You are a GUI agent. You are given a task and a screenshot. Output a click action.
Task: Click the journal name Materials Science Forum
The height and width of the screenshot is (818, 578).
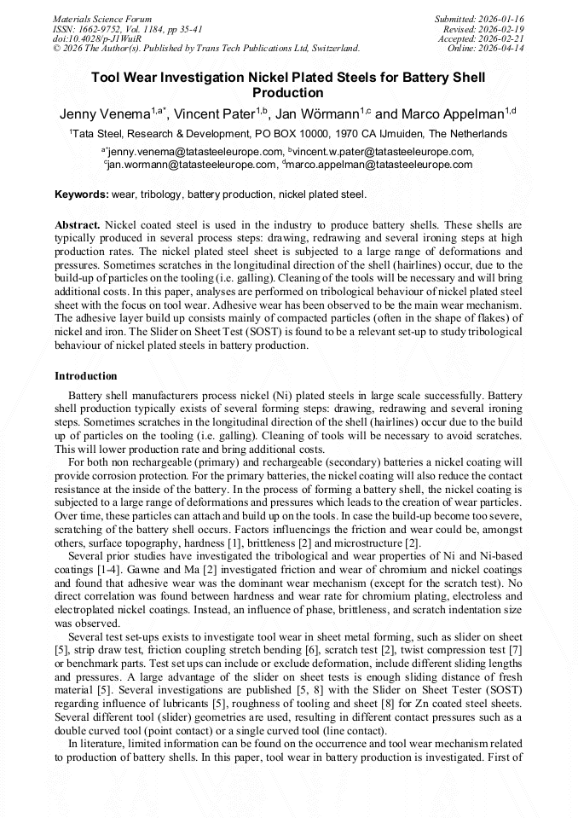coord(102,19)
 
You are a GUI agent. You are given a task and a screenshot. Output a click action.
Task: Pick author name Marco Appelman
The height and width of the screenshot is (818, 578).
coord(452,114)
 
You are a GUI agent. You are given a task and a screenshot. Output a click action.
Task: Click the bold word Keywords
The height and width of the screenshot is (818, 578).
coord(82,194)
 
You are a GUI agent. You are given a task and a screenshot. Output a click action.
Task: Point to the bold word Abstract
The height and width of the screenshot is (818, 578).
coord(78,225)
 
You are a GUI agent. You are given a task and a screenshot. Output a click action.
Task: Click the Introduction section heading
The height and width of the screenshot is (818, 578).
coord(86,375)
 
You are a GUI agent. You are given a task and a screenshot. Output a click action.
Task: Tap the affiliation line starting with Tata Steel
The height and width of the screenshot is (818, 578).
coord(288,134)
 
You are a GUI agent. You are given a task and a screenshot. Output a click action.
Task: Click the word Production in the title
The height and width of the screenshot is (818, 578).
coord(288,93)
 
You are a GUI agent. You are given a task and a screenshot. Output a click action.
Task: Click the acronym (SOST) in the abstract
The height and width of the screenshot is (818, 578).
coord(277,333)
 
